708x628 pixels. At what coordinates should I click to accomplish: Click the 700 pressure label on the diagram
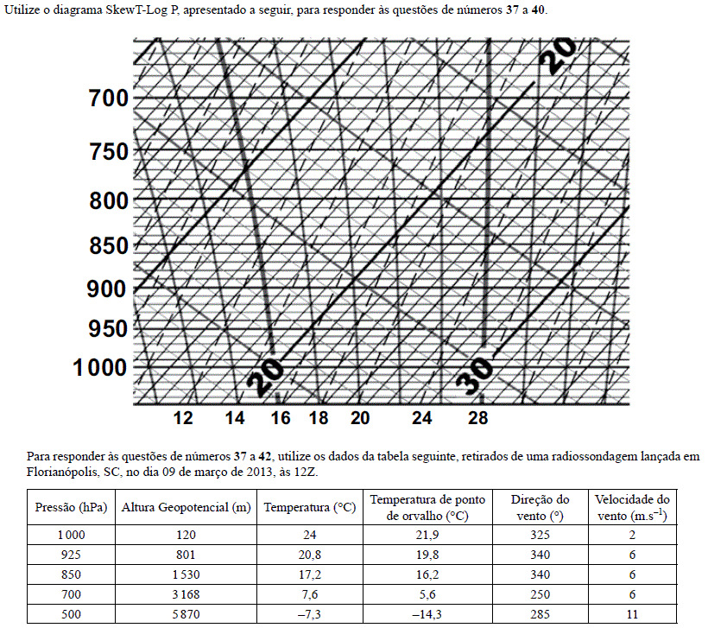[x=108, y=98]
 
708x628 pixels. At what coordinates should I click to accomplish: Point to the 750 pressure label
[x=108, y=152]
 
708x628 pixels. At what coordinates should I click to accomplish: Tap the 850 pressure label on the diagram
[x=108, y=246]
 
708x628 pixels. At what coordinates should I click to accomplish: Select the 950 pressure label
[x=108, y=329]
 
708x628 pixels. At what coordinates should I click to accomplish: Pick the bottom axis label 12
[x=183, y=419]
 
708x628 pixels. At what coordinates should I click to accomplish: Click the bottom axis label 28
[x=477, y=419]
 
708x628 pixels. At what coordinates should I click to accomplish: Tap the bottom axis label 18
[x=319, y=419]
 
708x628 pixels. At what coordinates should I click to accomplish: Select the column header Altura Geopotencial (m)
[x=186, y=507]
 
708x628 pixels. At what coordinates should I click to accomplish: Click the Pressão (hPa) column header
[x=71, y=507]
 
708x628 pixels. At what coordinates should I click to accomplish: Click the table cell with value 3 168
[x=186, y=593]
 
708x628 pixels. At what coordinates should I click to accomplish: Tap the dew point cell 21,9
[x=427, y=535]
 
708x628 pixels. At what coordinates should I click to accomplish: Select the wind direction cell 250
[x=540, y=593]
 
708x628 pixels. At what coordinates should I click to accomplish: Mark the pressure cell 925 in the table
[x=71, y=554]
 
